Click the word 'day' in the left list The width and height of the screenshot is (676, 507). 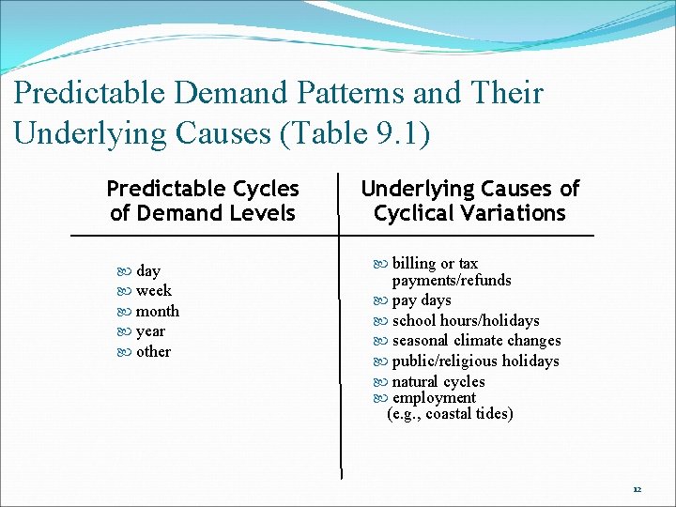pyautogui.click(x=147, y=271)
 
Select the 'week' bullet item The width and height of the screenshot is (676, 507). pyautogui.click(x=153, y=291)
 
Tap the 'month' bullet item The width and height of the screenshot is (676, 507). pyautogui.click(x=157, y=312)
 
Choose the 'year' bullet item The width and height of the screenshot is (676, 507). pyautogui.click(x=150, y=331)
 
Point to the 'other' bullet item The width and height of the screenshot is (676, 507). pyautogui.click(x=153, y=352)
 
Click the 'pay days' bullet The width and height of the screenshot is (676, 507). pyautogui.click(x=421, y=300)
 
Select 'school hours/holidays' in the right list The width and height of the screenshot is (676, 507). pyautogui.click(x=465, y=321)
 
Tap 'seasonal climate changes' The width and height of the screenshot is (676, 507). pyautogui.click(x=475, y=341)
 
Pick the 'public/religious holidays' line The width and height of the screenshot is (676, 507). pyautogui.click(x=474, y=361)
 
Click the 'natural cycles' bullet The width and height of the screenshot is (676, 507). pyautogui.click(x=438, y=382)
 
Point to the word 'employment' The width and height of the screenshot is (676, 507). pyautogui.click(x=433, y=398)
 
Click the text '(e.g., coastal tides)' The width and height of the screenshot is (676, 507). pyautogui.click(x=450, y=414)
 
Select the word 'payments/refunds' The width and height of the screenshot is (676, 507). pyautogui.click(x=452, y=281)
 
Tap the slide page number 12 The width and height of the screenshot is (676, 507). pyautogui.click(x=637, y=489)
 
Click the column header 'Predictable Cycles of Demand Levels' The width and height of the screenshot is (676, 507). pyautogui.click(x=203, y=201)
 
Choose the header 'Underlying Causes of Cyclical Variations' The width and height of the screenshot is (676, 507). pyautogui.click(x=469, y=201)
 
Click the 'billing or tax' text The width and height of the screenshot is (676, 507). pyautogui.click(x=434, y=264)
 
